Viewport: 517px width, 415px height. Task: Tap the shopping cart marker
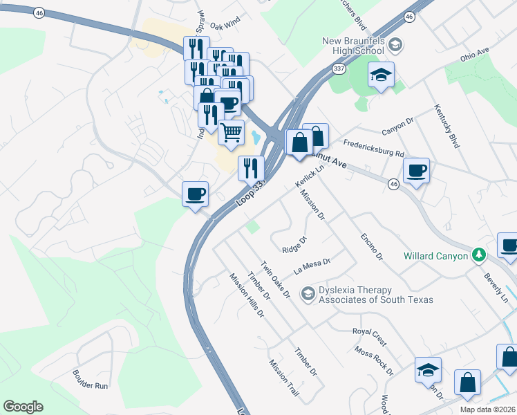(232, 131)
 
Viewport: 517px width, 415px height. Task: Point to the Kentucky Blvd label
(446, 127)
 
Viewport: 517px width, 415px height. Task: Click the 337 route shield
(339, 69)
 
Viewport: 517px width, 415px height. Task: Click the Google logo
(23, 407)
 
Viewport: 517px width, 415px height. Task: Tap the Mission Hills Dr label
(247, 294)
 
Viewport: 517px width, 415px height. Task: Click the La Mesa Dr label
(312, 266)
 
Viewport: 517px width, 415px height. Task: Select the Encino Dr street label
(371, 247)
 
